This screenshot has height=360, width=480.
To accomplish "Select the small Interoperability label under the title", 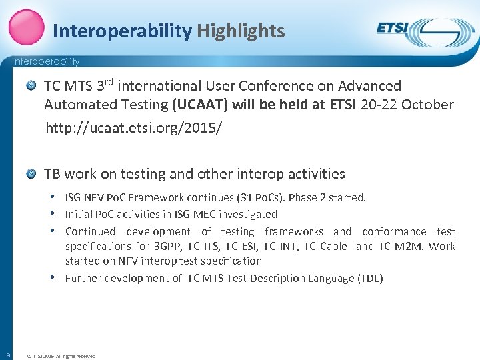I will (45, 61).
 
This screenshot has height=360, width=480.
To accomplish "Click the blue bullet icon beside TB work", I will (31, 174).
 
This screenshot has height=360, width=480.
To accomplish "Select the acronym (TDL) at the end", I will (370, 278).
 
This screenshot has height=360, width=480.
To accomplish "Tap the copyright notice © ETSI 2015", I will (60, 356).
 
